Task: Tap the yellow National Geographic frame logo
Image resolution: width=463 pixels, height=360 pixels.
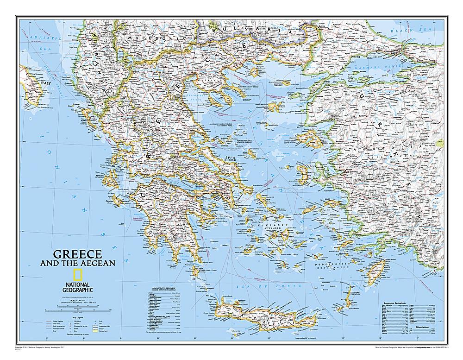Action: pos(78,273)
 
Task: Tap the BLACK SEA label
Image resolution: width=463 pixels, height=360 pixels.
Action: pos(406,31)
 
